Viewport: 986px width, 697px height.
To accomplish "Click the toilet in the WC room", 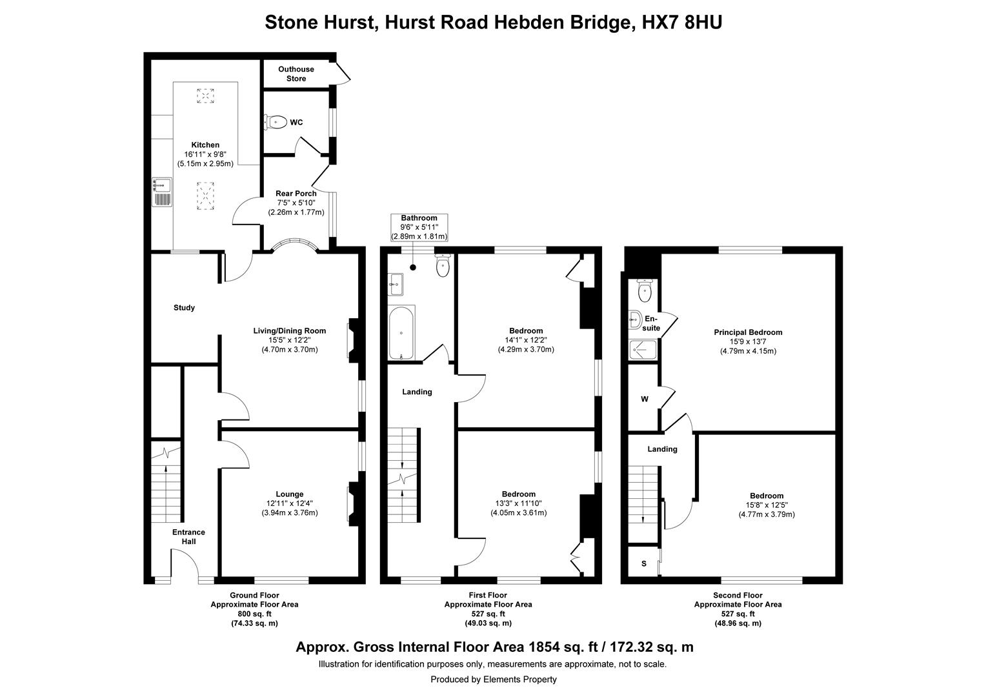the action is pos(276,122).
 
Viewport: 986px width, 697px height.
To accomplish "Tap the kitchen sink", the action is pos(162,192).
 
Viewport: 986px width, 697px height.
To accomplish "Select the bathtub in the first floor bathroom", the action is pos(401,333).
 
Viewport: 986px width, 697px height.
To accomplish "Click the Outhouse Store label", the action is pos(296,74).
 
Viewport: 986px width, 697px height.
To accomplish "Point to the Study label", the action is pos(184,308).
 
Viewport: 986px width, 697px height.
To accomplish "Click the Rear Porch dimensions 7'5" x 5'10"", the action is pos(296,203).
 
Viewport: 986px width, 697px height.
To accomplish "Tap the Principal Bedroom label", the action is pos(748,332).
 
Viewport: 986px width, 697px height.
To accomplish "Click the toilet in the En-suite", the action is pos(645,290).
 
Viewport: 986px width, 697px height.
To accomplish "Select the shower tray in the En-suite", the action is pos(643,350).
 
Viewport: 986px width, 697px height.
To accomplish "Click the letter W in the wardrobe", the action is pos(645,399).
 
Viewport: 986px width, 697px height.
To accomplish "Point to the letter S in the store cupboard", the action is pos(644,564).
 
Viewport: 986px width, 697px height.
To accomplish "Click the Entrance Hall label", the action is pos(189,537).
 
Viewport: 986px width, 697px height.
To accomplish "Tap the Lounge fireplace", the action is pos(354,503).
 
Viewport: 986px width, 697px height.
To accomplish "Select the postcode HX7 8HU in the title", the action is pos(682,23).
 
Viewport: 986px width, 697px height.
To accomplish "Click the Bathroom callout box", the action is pos(419,227).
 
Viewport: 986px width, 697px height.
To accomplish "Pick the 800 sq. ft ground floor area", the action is pos(254,614).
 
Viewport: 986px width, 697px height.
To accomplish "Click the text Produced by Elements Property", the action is pos(494,680).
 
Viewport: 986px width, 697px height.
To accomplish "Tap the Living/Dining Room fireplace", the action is pos(354,340).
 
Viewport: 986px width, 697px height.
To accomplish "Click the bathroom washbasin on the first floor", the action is pos(396,285).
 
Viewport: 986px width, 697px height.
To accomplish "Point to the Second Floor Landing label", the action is pos(662,449).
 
